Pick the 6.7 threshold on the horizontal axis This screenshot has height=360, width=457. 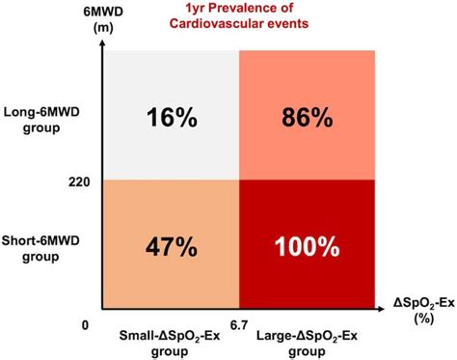[239, 325]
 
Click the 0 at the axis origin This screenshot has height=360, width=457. [86, 325]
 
